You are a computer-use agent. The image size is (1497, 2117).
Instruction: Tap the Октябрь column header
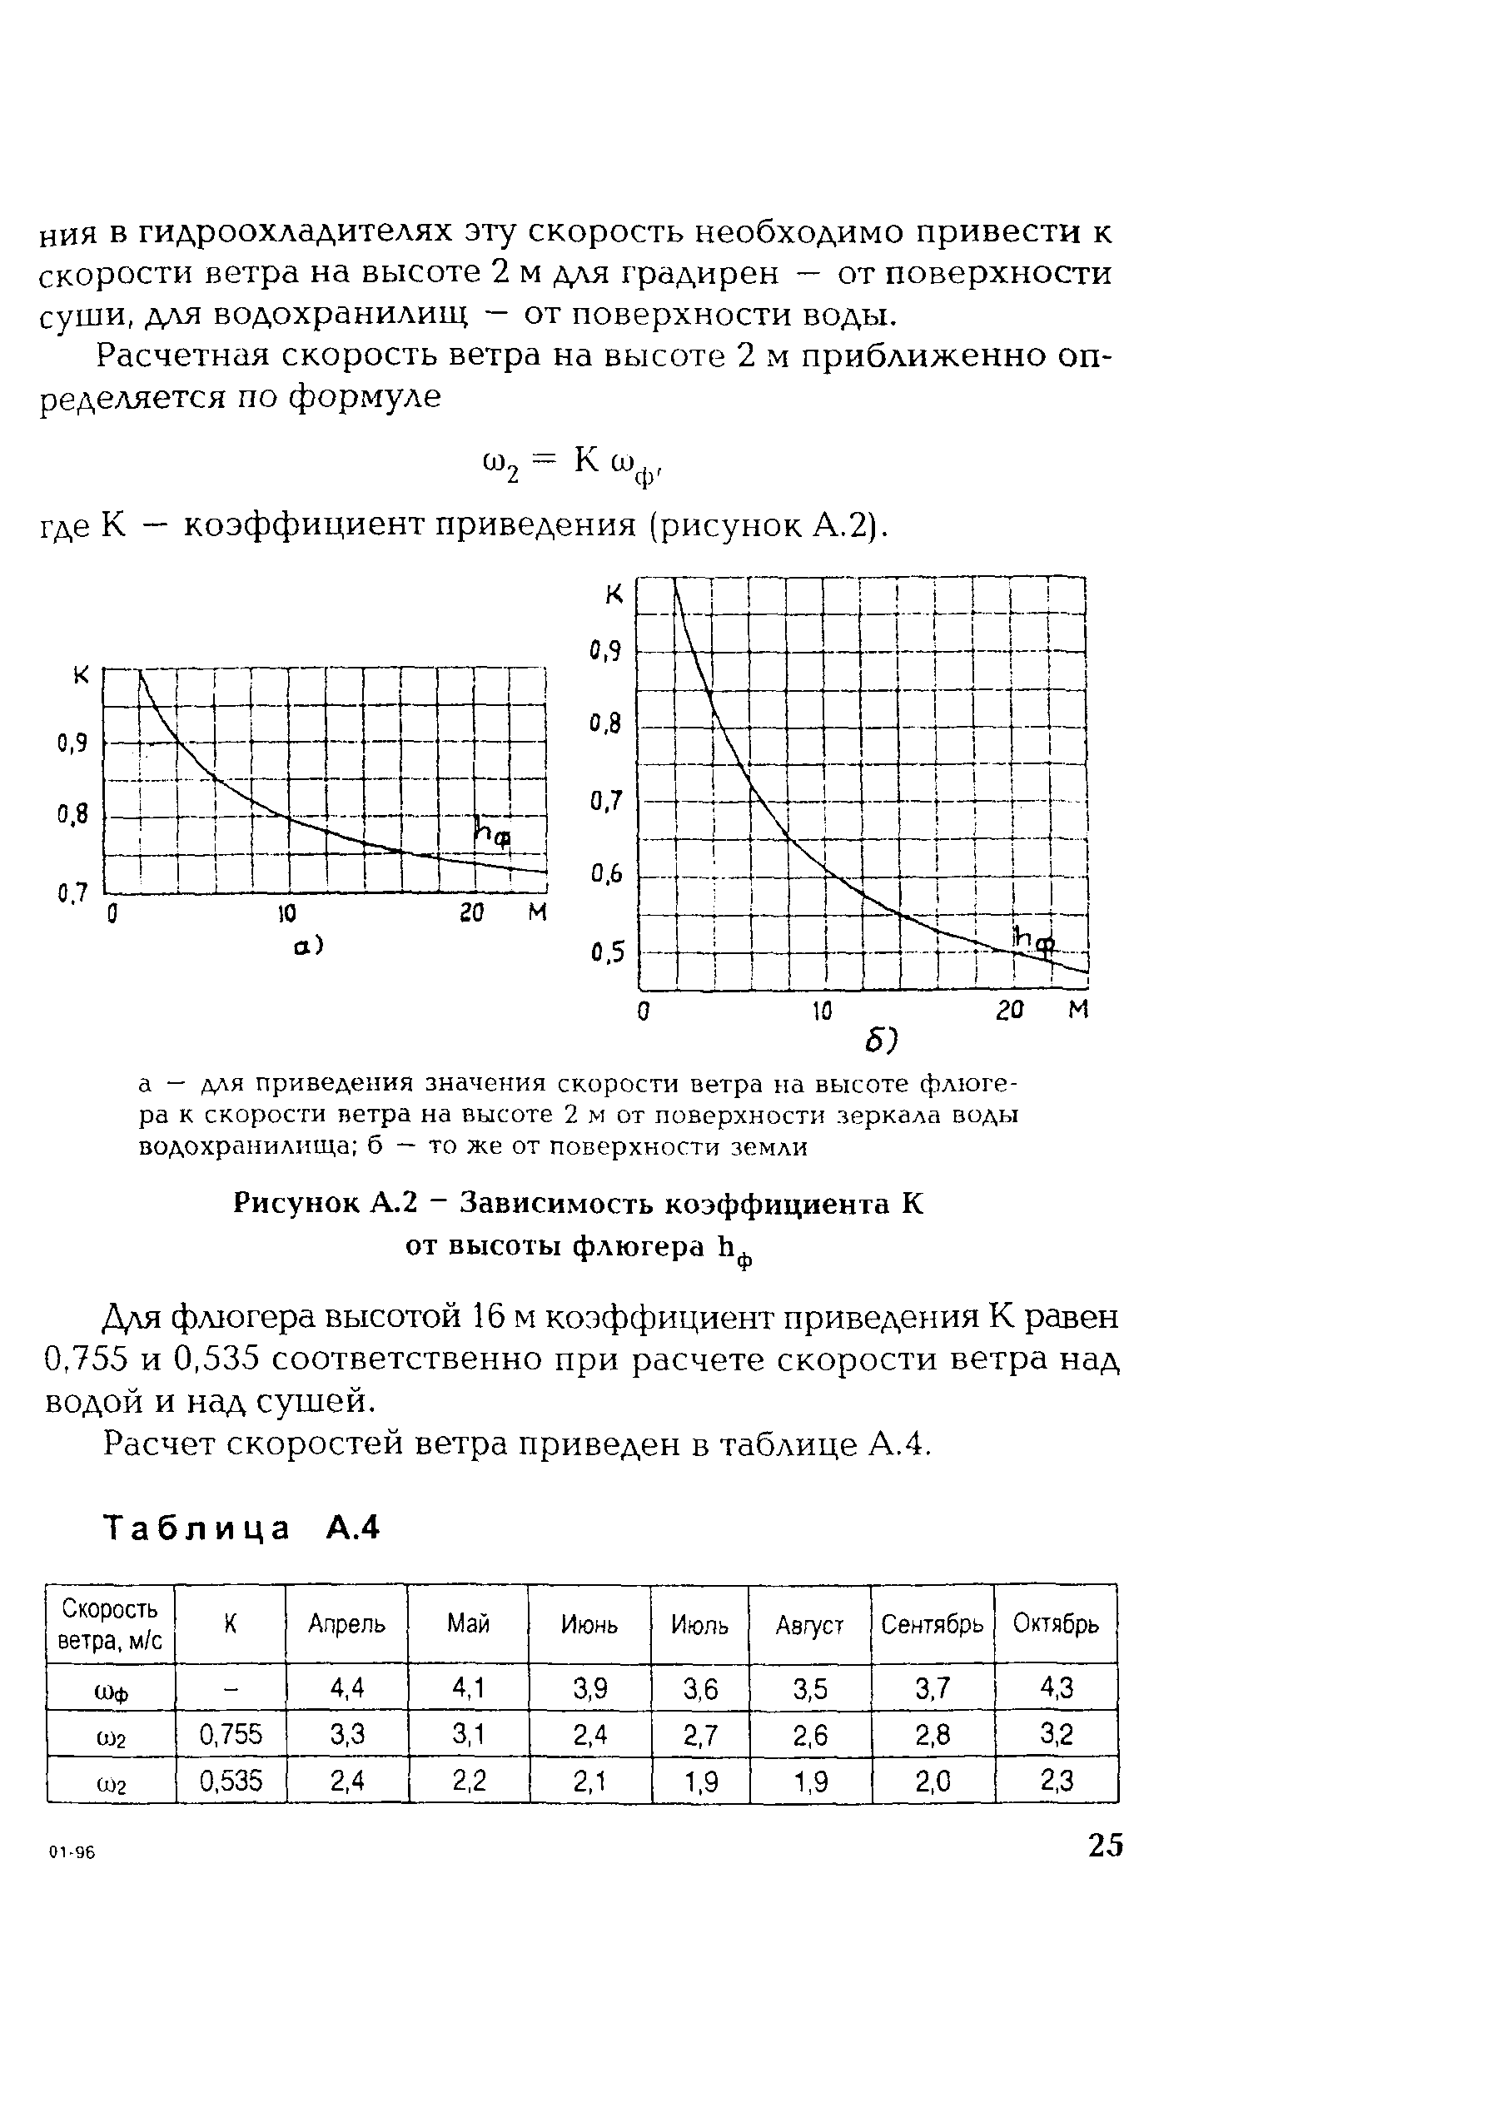tap(1055, 1623)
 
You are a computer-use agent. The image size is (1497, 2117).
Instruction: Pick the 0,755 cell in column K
tap(231, 1735)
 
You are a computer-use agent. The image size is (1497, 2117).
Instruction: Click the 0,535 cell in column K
tap(231, 1781)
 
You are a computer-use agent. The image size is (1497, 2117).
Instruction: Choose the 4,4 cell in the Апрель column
tap(347, 1688)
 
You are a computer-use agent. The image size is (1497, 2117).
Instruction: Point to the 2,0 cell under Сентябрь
tap(933, 1782)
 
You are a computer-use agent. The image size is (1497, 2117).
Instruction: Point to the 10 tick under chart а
tap(287, 914)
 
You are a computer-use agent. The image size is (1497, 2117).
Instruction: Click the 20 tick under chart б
tap(1010, 1011)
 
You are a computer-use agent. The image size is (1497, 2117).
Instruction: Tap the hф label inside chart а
tap(491, 832)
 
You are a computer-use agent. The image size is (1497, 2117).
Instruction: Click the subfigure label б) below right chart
tap(881, 1041)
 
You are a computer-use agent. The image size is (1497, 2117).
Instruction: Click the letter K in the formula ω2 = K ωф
tap(588, 460)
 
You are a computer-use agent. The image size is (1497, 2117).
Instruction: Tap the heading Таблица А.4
tap(241, 1528)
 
